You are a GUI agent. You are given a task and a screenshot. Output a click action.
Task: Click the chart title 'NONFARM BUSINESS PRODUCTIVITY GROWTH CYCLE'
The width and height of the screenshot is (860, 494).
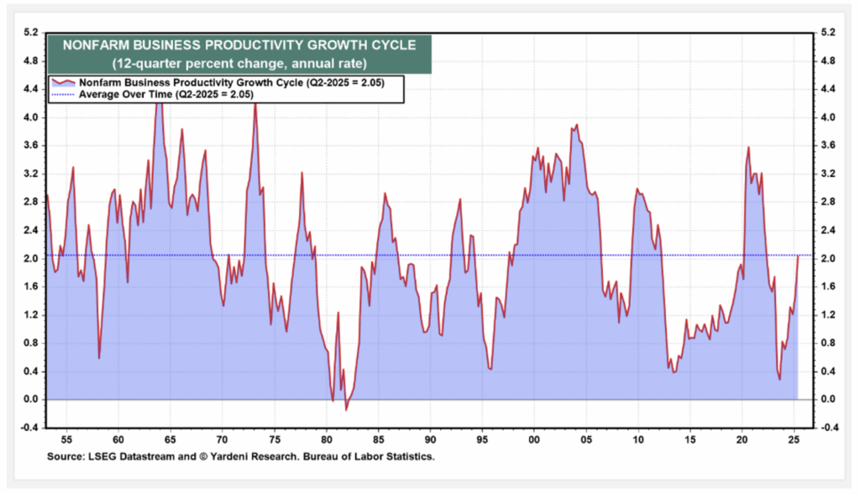point(230,44)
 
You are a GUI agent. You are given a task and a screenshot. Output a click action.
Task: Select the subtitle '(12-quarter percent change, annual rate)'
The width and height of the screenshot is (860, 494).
point(230,64)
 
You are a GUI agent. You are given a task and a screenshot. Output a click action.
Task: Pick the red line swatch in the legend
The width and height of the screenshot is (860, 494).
point(63,83)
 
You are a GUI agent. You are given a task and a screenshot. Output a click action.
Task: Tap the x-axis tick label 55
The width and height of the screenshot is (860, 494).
point(66,438)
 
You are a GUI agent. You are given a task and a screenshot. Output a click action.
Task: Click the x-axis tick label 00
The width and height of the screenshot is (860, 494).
point(534,438)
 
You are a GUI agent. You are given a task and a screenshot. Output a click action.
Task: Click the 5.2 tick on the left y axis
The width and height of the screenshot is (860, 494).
point(30,33)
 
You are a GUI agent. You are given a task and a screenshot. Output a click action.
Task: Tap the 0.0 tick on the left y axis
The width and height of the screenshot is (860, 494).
point(30,399)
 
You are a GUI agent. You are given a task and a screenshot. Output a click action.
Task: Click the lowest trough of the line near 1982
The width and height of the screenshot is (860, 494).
point(346,409)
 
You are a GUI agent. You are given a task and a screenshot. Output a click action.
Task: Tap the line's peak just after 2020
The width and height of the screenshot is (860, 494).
point(748,148)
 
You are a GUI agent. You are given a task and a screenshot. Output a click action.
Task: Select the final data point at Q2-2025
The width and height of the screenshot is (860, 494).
point(798,256)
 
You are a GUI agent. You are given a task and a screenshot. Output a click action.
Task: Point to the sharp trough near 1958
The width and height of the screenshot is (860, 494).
point(99,358)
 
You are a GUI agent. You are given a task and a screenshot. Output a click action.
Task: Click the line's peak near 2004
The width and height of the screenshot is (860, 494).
point(577,125)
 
